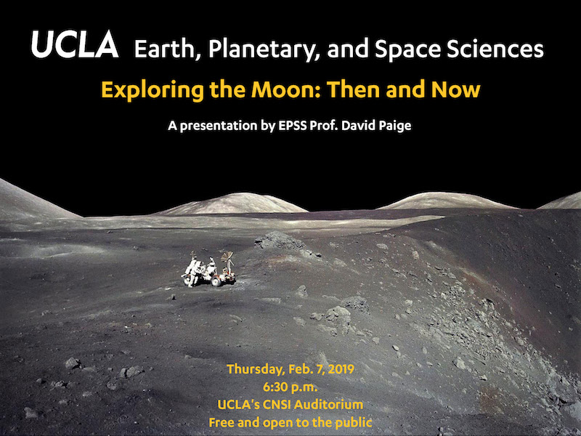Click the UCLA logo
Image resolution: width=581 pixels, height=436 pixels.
click(75, 44)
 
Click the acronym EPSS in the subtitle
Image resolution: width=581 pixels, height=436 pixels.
click(293, 126)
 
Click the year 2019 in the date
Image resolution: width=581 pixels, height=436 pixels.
click(341, 369)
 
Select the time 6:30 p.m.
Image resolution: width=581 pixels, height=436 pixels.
click(290, 387)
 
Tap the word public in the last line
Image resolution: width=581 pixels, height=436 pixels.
click(354, 422)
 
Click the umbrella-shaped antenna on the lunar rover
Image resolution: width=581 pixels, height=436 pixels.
click(227, 257)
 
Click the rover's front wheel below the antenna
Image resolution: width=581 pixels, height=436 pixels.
click(216, 281)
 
